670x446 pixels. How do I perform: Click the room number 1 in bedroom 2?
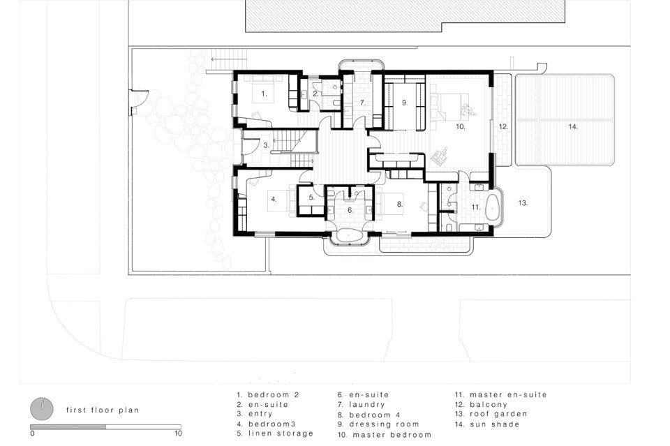pos(264,94)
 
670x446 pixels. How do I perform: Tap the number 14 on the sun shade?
pos(573,126)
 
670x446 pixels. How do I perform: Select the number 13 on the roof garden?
pos(523,203)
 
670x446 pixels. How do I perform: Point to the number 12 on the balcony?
pos(503,126)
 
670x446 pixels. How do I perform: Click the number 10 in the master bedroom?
pos(460,126)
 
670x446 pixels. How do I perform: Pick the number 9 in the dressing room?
pos(405,103)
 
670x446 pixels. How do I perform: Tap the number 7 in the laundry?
pos(363,103)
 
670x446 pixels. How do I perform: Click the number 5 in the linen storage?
pos(312,198)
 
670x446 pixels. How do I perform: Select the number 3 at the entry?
pos(266,145)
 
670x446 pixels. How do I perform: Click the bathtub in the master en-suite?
pos(493,207)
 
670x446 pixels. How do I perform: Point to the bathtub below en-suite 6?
pos(350,236)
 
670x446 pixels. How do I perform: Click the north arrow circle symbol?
pos(42,409)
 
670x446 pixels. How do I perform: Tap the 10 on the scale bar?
pos(178,433)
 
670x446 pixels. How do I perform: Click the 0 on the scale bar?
pos(33,433)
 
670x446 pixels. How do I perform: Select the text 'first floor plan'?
pos(103,410)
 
